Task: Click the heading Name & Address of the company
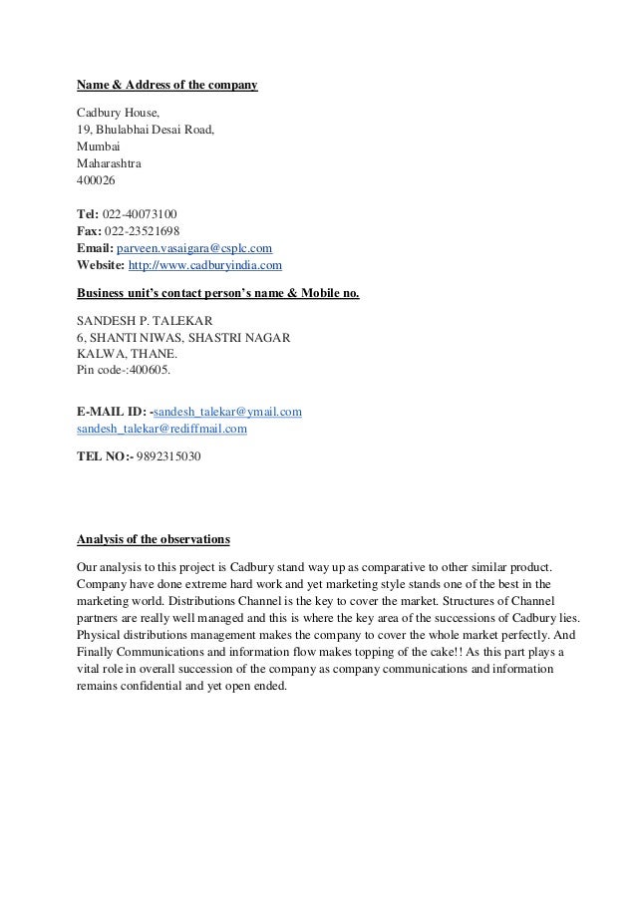tap(166, 87)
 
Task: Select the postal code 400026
tap(96, 181)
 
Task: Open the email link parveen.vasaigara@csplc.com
tap(194, 248)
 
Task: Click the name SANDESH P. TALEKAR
tap(144, 322)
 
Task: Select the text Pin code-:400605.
tap(124, 370)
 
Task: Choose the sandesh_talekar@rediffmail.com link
tap(161, 428)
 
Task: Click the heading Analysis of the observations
tap(154, 540)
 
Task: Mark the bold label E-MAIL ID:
tap(111, 411)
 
